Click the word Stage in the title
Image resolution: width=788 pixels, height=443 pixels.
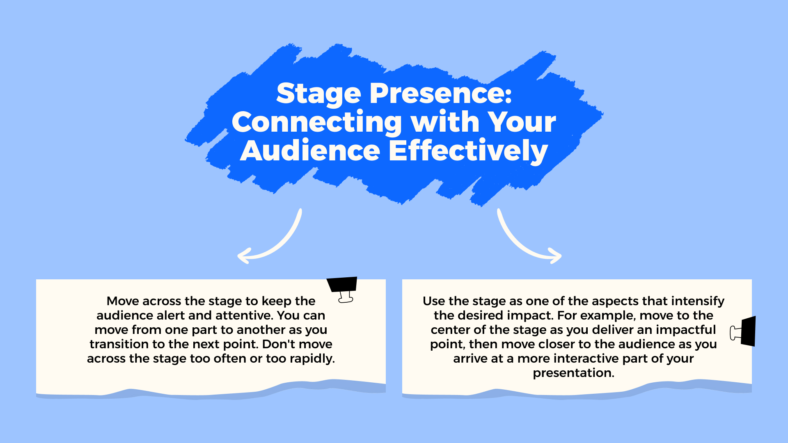318,94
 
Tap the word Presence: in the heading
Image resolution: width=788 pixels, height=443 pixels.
441,94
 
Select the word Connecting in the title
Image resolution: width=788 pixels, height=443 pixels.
317,123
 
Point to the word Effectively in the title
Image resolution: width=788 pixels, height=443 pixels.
468,151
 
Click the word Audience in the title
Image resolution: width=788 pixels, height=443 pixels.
310,151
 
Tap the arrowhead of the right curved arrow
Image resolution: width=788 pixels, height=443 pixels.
557,256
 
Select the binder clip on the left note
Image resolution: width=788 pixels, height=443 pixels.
343,289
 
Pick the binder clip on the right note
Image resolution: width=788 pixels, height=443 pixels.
745,331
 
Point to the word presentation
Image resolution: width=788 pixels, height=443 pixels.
573,373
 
